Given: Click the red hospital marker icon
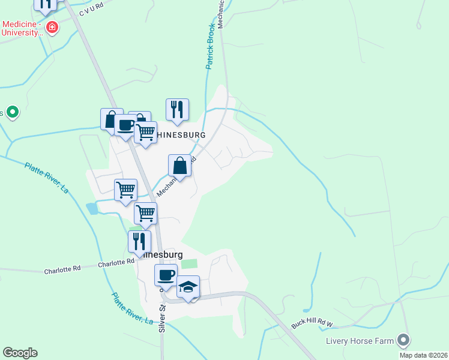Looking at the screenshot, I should coord(52,28).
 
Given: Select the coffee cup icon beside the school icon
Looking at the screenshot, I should coord(166,276).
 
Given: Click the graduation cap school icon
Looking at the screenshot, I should coord(188,287).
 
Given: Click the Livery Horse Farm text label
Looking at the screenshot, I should coord(360,341).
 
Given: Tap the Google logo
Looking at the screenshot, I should coord(20,353).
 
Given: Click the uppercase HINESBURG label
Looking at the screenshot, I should coord(181,136).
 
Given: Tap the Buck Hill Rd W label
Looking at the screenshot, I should coord(312,322).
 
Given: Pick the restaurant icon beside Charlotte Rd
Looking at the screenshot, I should coord(139,242).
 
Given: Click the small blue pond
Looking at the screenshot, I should coord(91,208).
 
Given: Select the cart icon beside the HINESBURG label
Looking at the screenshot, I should coord(145,133).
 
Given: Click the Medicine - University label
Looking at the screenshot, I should coord(23,28).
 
